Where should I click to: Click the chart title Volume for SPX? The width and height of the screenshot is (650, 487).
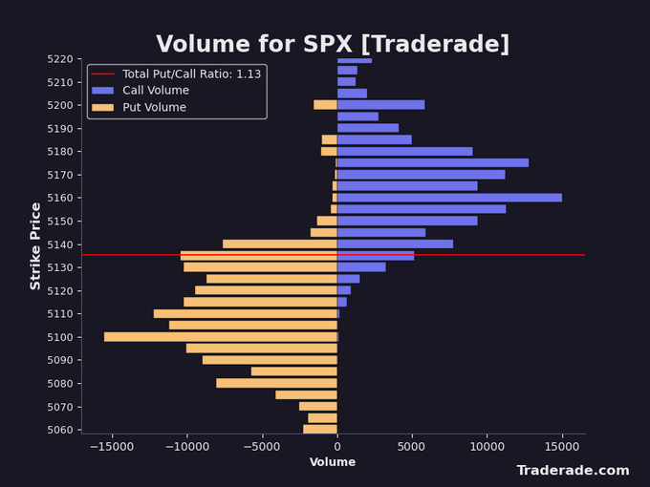(333, 45)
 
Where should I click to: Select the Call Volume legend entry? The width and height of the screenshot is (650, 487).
(155, 91)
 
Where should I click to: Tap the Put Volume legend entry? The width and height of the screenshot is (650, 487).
(154, 108)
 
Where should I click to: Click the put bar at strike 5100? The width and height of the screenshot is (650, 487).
(221, 337)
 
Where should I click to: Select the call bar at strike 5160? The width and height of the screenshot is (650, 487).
(449, 198)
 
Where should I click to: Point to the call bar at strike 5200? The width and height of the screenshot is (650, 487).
(380, 105)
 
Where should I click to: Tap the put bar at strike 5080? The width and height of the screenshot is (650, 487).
(276, 383)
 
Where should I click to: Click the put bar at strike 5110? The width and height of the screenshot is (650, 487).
(245, 313)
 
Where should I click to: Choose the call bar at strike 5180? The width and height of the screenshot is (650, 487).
(404, 151)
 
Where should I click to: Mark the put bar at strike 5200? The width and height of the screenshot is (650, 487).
(325, 105)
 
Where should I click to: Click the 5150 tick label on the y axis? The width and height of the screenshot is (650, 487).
(58, 221)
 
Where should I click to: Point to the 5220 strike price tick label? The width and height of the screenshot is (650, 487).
(58, 59)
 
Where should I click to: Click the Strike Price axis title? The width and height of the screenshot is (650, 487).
(36, 245)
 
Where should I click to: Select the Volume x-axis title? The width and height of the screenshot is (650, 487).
(333, 462)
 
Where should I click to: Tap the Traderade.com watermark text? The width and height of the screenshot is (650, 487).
(573, 471)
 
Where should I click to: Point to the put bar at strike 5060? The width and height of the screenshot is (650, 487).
(320, 430)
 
